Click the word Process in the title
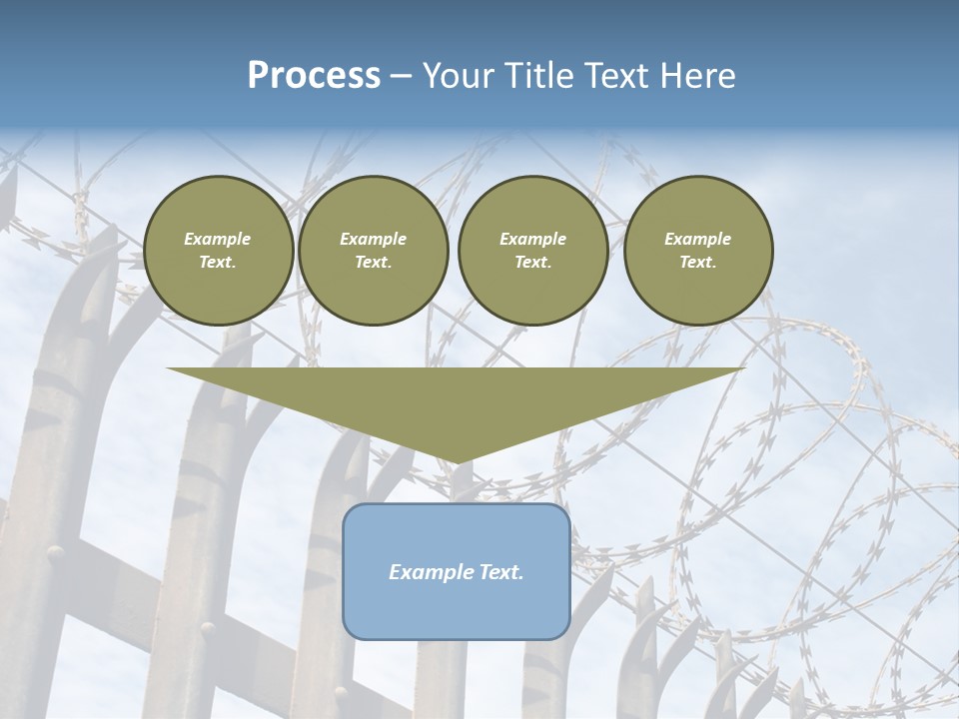(x=314, y=76)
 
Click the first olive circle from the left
(x=218, y=251)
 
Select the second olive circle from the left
(x=373, y=251)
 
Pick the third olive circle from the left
(x=532, y=251)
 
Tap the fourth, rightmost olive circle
(x=697, y=251)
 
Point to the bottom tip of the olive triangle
(x=456, y=462)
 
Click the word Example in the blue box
(x=429, y=572)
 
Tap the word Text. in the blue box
(x=498, y=572)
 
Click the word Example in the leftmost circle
(x=218, y=239)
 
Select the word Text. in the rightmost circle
(x=697, y=263)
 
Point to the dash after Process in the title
(x=401, y=77)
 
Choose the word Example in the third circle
(x=532, y=239)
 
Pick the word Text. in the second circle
(x=373, y=263)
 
